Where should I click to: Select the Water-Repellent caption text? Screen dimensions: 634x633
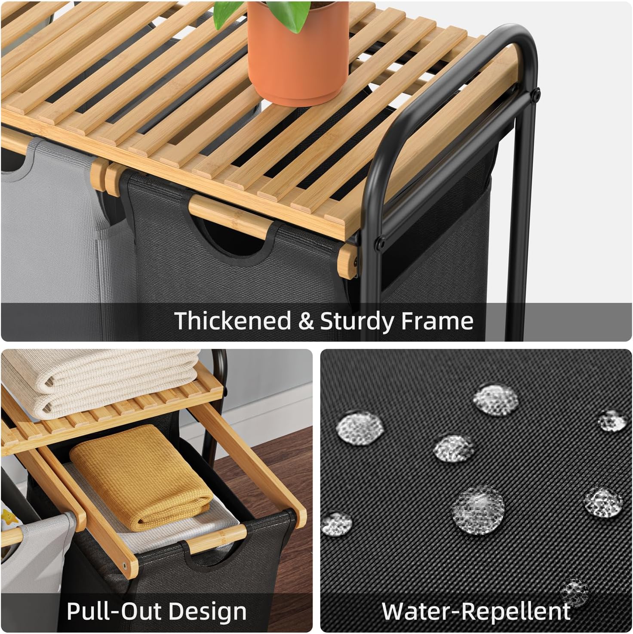pos(476,611)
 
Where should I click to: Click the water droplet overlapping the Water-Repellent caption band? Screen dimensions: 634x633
pos(574,592)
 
